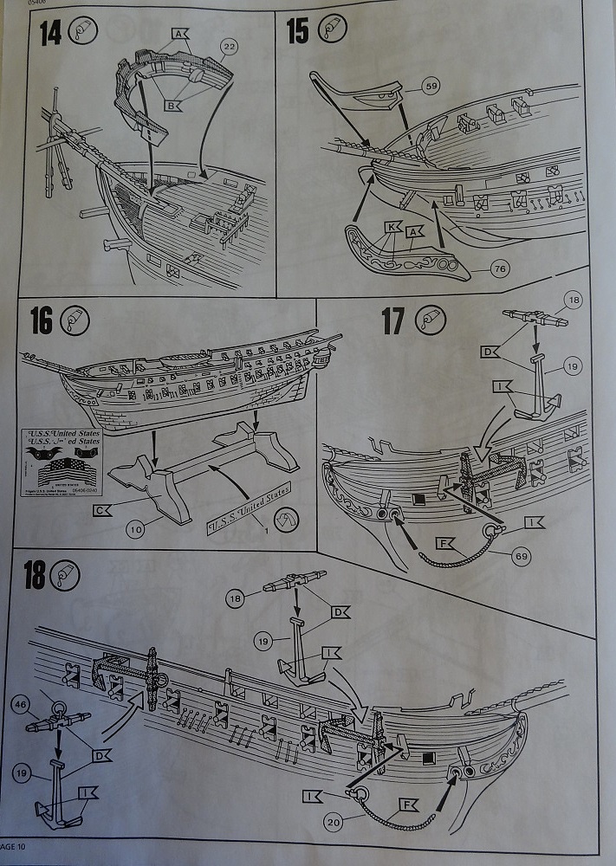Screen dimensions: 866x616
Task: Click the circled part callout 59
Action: [x=431, y=86]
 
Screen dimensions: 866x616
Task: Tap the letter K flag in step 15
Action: [x=392, y=227]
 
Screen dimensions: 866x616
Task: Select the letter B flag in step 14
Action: [x=172, y=106]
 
